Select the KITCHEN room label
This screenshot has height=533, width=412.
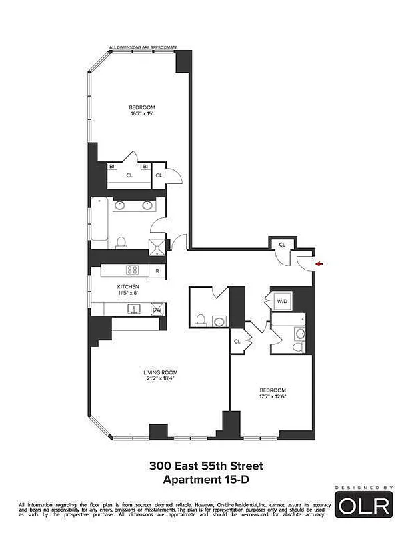[x=129, y=287]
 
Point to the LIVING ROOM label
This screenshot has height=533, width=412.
[x=161, y=372]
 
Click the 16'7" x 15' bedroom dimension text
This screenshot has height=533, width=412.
[x=143, y=114]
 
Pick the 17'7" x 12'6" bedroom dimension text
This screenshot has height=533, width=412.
[x=273, y=396]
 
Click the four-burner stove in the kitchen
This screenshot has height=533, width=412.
[x=133, y=270]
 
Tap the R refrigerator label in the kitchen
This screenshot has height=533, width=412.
[x=157, y=271]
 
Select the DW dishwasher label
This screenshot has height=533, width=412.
[x=157, y=309]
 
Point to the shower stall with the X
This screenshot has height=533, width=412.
[x=157, y=245]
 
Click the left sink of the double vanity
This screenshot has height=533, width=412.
[x=120, y=205]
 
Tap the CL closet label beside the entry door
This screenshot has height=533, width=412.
[x=282, y=245]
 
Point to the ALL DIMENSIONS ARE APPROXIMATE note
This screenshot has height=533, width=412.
[x=143, y=48]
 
